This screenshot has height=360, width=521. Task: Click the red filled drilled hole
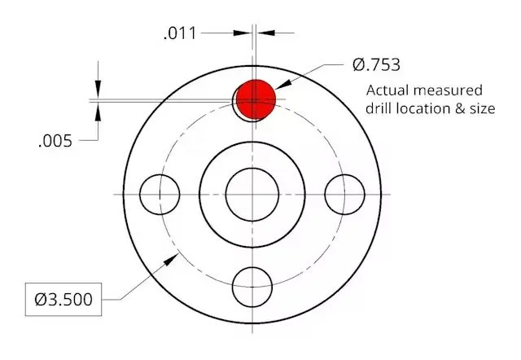(x=256, y=98)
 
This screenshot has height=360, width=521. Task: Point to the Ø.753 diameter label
(x=376, y=64)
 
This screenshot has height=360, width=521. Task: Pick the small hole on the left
(x=159, y=195)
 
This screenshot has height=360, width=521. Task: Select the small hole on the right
(x=344, y=195)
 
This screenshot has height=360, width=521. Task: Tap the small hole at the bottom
(x=252, y=287)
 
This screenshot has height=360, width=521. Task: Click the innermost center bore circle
(x=252, y=195)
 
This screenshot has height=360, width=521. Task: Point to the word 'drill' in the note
(x=381, y=108)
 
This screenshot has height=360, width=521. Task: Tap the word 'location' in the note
(x=429, y=108)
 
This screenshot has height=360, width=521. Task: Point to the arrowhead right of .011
(x=265, y=33)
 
